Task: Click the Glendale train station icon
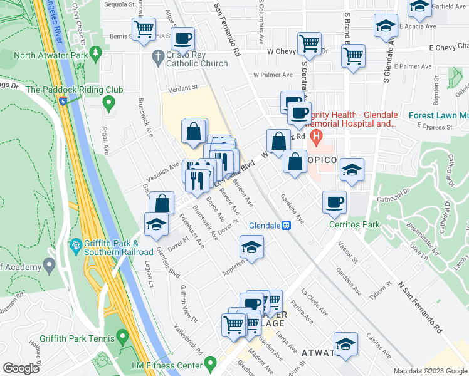pos(286,226)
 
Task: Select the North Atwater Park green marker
pos(96,55)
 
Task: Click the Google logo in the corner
pos(21,368)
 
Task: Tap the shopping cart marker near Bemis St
pos(144,28)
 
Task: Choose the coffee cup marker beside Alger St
pos(182,38)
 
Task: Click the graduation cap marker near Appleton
pos(251,247)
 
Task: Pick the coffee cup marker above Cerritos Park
pos(335,201)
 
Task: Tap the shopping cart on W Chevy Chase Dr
pos(310,43)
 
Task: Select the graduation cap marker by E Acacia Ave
pos(385,26)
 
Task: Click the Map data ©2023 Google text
pos(429,371)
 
